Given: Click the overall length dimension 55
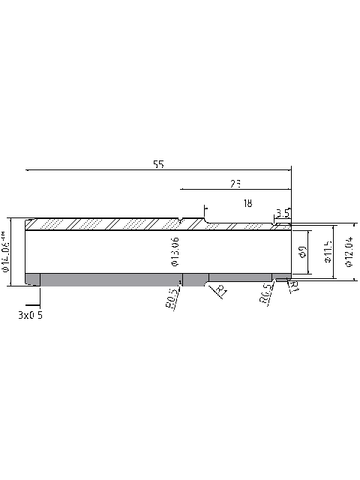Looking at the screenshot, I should coord(158,163).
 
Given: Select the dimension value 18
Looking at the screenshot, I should coord(248,203).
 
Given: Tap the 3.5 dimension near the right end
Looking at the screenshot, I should coord(283,213).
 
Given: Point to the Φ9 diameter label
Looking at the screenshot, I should coord(302,252).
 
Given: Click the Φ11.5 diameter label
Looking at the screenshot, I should coord(328,252).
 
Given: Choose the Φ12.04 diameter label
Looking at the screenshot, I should coord(348,252).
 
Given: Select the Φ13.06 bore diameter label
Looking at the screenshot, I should coord(175,252).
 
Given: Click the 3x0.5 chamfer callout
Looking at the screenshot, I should coord(30,316).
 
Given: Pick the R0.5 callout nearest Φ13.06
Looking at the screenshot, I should coord(171,298).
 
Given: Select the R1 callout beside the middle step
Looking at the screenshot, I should coord(221,291).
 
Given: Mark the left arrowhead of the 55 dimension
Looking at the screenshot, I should coord(28,170).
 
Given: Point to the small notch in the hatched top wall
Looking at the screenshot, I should coord(181,221).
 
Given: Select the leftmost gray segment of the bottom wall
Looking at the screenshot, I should coord(32,279).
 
